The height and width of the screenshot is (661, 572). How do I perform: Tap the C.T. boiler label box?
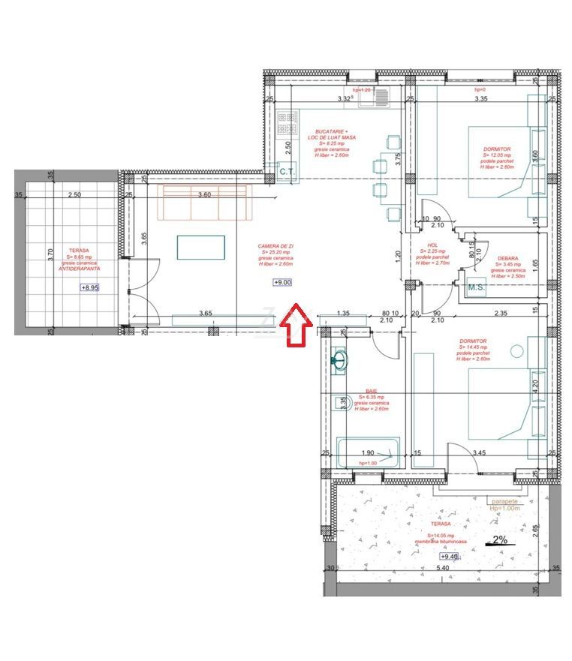[x=286, y=172]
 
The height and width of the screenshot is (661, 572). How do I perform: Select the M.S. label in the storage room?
[x=476, y=287]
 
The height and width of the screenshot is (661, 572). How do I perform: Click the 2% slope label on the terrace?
[x=498, y=539]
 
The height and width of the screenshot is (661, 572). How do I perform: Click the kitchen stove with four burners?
[x=287, y=122]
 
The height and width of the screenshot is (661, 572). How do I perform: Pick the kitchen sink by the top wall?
[x=374, y=98]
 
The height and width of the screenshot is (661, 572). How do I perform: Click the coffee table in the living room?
[x=200, y=247]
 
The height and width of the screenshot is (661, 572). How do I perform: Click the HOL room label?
[x=432, y=245]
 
